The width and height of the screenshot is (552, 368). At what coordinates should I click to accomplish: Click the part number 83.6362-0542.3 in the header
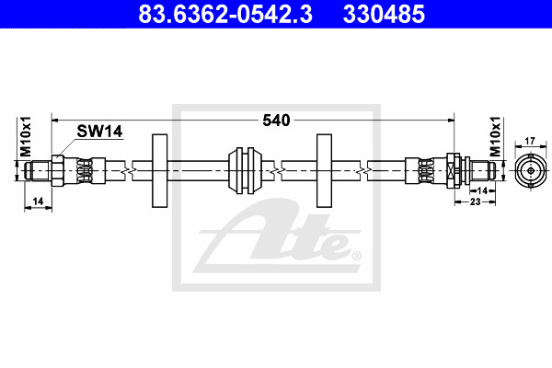pyautogui.click(x=225, y=14)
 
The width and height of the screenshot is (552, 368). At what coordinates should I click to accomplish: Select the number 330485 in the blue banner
pyautogui.click(x=384, y=14)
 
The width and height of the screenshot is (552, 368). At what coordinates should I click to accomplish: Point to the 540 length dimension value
pyautogui.click(x=276, y=121)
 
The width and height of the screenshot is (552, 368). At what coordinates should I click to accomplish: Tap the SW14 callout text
pyautogui.click(x=99, y=132)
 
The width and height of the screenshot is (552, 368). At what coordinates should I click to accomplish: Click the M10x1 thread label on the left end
pyautogui.click(x=26, y=136)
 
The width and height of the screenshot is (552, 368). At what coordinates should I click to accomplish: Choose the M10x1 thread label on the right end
pyautogui.click(x=495, y=136)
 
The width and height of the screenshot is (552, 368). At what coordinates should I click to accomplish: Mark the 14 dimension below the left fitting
pyautogui.click(x=38, y=201)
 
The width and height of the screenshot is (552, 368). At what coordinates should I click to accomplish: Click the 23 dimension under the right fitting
pyautogui.click(x=475, y=201)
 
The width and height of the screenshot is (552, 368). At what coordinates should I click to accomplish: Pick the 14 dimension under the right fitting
pyautogui.click(x=482, y=190)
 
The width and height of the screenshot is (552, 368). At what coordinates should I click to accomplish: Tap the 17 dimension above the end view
pyautogui.click(x=530, y=141)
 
